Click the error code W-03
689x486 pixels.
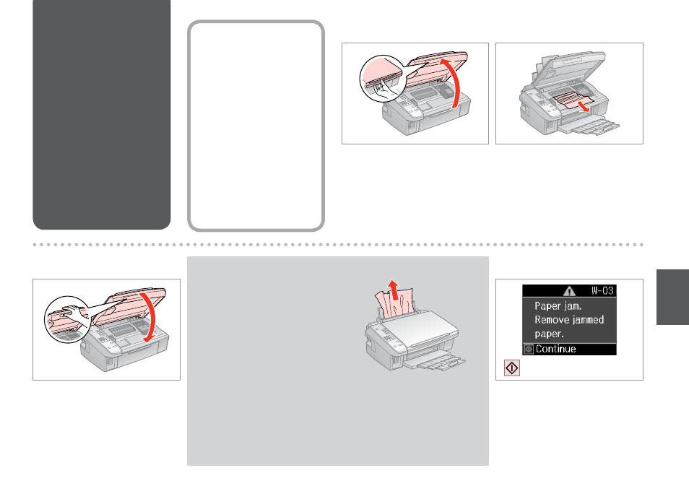[x=602, y=290]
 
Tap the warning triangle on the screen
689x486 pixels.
[x=569, y=291]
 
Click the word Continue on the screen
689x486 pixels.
[x=556, y=349]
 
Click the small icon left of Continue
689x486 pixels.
[x=529, y=350]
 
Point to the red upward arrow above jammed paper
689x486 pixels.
[x=394, y=290]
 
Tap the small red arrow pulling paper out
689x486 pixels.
[x=584, y=106]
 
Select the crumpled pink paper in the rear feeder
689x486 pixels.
[x=394, y=303]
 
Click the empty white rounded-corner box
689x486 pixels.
[x=256, y=126]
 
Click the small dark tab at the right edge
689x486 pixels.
[x=672, y=297]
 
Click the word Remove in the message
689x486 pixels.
[x=552, y=320]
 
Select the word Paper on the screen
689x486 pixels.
[x=547, y=306]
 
